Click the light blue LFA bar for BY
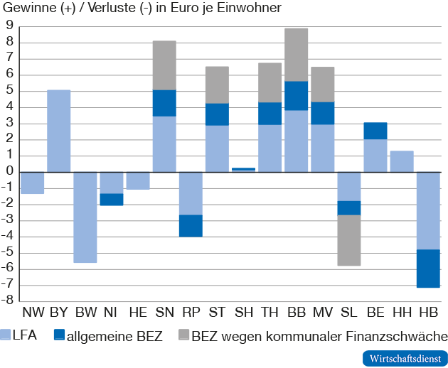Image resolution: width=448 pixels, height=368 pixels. [59, 131]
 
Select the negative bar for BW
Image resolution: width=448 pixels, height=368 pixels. [85, 217]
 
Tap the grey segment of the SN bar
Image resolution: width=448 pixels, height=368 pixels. [164, 65]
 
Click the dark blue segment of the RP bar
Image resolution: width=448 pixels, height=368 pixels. [191, 225]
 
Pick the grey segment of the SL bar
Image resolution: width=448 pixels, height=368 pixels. [348, 240]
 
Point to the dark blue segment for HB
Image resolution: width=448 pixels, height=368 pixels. [428, 268]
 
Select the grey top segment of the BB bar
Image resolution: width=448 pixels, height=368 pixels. [296, 55]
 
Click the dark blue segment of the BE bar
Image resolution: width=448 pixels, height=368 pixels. [375, 131]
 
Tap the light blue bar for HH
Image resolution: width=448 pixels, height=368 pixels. [402, 161]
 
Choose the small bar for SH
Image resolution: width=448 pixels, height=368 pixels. [243, 169]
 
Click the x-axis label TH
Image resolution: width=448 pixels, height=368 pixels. [270, 313]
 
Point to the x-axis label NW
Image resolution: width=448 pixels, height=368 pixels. [33, 313]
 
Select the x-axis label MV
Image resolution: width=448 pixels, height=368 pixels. [322, 313]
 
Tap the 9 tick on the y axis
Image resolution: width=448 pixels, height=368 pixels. [10, 26]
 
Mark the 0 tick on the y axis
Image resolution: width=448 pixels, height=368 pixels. [10, 172]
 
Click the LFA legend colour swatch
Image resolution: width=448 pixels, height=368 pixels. [6, 335]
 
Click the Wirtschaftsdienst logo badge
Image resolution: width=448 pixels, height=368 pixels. [405, 357]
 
